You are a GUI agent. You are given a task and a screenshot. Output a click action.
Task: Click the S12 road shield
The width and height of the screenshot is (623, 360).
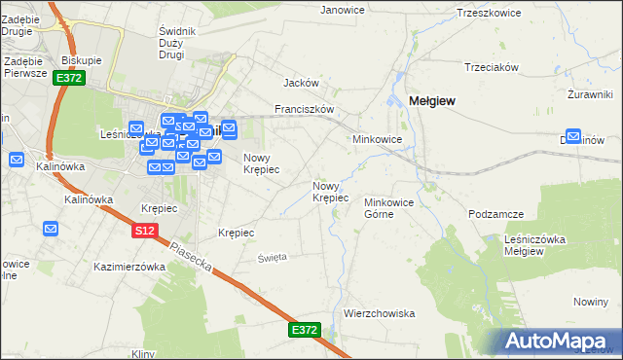tap(144, 231)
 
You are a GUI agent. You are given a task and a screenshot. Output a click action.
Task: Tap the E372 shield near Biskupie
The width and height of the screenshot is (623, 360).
tap(67, 78)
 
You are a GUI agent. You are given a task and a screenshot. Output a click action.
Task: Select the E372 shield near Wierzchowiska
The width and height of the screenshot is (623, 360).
tap(304, 331)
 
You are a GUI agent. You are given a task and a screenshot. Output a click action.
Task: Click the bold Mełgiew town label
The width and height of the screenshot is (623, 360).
tap(433, 100)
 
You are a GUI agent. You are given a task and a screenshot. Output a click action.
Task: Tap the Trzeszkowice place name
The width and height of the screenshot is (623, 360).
tap(489, 14)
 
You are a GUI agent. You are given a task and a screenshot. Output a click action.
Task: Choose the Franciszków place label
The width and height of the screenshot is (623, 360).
tap(305, 109)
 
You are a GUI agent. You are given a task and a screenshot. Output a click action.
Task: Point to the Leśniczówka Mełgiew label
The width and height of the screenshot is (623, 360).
tap(537, 245)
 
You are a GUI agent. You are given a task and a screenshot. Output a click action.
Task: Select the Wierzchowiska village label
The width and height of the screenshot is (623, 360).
tap(380, 313)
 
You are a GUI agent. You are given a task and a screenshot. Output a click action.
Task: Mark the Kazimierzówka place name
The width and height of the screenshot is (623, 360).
tap(129, 266)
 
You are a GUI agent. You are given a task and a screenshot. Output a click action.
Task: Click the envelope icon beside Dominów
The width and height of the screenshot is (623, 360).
tap(574, 138)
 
